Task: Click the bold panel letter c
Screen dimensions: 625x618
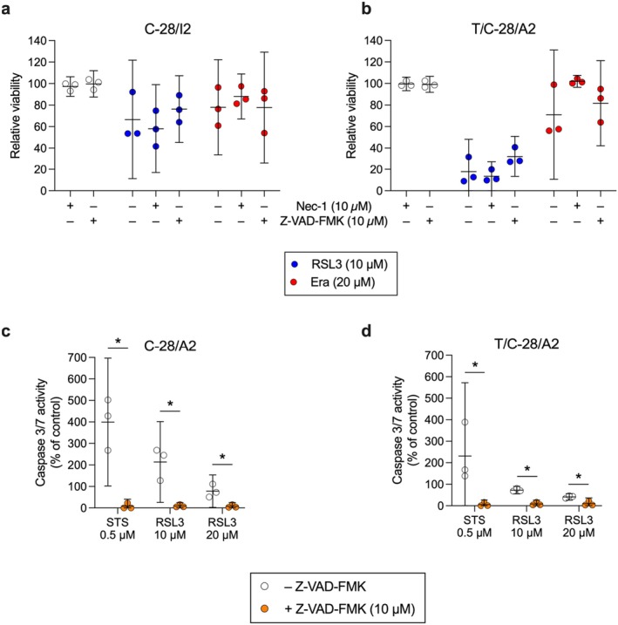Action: pyautogui.click(x=8, y=314)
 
